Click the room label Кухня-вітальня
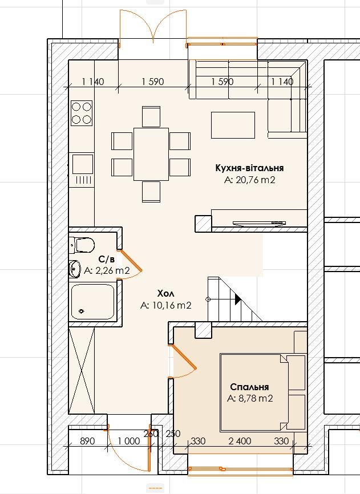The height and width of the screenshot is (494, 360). coord(249,168)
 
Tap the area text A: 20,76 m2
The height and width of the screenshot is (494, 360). coord(250,180)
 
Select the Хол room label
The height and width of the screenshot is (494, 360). coord(165,294)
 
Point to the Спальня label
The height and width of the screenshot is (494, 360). coord(249,387)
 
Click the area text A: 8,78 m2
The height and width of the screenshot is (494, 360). coord(250,399)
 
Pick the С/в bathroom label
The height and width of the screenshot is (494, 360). coord(106,260)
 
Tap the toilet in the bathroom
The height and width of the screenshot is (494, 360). coord(82,245)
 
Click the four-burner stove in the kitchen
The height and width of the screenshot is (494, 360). coord(82,113)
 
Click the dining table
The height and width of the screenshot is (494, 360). coord(151,154)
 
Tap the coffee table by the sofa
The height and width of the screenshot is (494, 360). coord(233,125)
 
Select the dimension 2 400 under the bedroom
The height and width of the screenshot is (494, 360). coord(240,441)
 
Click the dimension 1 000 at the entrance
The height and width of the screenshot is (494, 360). coord(129,441)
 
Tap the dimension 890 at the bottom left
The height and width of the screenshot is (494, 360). coord(87,441)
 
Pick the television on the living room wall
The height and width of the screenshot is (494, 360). coord(259,223)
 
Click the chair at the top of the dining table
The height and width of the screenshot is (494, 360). coord(151,116)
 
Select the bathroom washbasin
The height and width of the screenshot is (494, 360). coord(75,269)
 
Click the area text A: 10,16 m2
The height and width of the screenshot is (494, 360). coord(165,305)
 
